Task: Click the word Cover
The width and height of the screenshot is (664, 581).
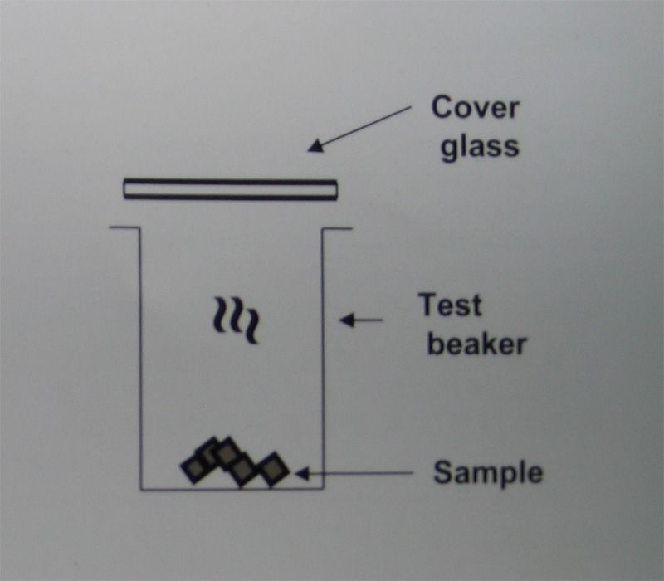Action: tap(475, 108)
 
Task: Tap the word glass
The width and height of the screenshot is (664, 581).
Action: tap(480, 148)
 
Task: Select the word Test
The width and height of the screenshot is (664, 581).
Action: tap(450, 305)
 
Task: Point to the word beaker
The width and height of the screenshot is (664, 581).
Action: tap(477, 343)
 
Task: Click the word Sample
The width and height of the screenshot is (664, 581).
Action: tap(488, 473)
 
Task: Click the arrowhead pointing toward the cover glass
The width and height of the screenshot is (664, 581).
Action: tap(316, 146)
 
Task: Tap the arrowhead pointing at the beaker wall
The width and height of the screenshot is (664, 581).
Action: tap(347, 320)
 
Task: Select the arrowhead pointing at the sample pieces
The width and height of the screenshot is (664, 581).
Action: tap(302, 473)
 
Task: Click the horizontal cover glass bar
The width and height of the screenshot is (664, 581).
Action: tap(231, 189)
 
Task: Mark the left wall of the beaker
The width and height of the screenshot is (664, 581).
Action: tap(140, 359)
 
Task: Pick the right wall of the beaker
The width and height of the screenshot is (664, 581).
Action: tap(323, 359)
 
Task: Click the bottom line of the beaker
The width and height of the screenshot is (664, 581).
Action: tap(232, 489)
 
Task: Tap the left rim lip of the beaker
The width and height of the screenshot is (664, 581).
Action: tap(124, 227)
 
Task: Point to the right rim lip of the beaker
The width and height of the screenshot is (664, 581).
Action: tap(337, 229)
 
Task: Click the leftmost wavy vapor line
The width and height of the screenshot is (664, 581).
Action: tap(219, 315)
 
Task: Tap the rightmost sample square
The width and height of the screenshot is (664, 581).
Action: tap(273, 469)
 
